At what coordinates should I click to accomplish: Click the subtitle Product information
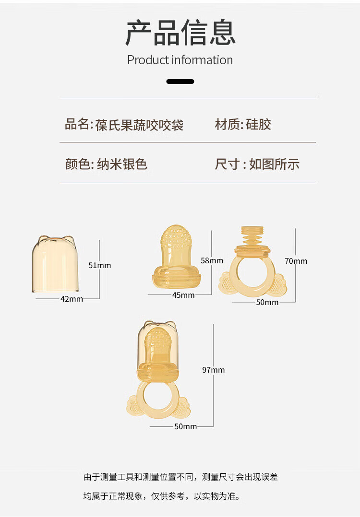click(180, 60)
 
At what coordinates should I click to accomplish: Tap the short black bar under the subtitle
click(180, 82)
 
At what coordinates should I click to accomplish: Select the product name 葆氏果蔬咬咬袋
click(139, 125)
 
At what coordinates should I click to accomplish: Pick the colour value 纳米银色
click(122, 164)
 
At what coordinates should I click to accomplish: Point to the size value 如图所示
click(274, 164)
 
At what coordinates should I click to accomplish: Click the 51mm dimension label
click(100, 265)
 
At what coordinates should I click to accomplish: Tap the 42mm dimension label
click(72, 299)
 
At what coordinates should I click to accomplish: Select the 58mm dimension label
click(212, 260)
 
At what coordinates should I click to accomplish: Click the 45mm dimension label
click(183, 295)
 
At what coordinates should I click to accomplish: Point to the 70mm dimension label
click(296, 261)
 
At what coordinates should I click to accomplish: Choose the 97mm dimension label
click(213, 370)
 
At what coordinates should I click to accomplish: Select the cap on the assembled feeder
click(157, 341)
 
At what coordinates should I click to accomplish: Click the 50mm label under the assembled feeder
click(185, 426)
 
